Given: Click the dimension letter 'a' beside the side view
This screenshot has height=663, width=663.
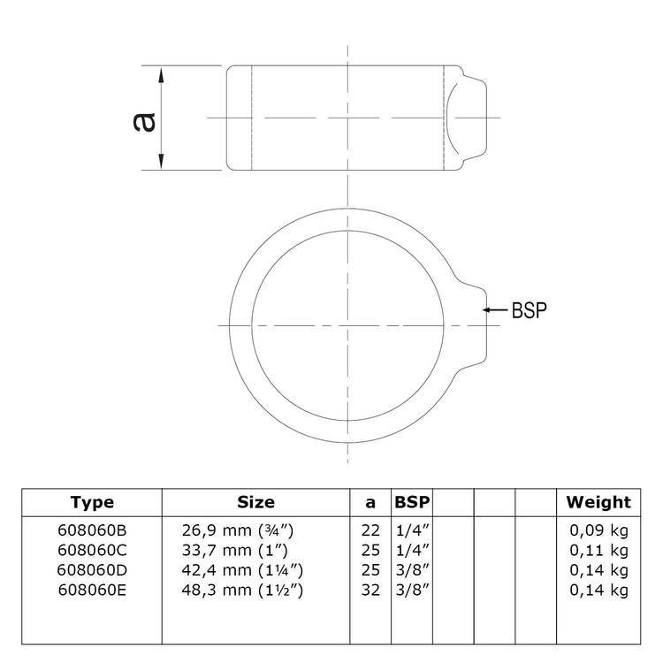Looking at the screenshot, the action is click(144, 122).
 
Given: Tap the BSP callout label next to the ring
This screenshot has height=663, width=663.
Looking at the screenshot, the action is click(529, 310).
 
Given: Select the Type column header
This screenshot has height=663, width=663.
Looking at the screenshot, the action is click(92, 502).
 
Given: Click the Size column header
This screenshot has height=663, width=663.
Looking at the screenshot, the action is click(255, 502).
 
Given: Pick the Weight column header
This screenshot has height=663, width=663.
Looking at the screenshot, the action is click(598, 502).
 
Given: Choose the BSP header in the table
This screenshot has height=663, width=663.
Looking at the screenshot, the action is click(412, 502).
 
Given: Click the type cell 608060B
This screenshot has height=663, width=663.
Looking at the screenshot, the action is click(92, 530).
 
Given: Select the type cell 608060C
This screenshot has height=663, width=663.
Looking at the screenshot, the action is click(92, 550).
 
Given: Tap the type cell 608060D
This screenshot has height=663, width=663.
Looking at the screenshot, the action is click(92, 570).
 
